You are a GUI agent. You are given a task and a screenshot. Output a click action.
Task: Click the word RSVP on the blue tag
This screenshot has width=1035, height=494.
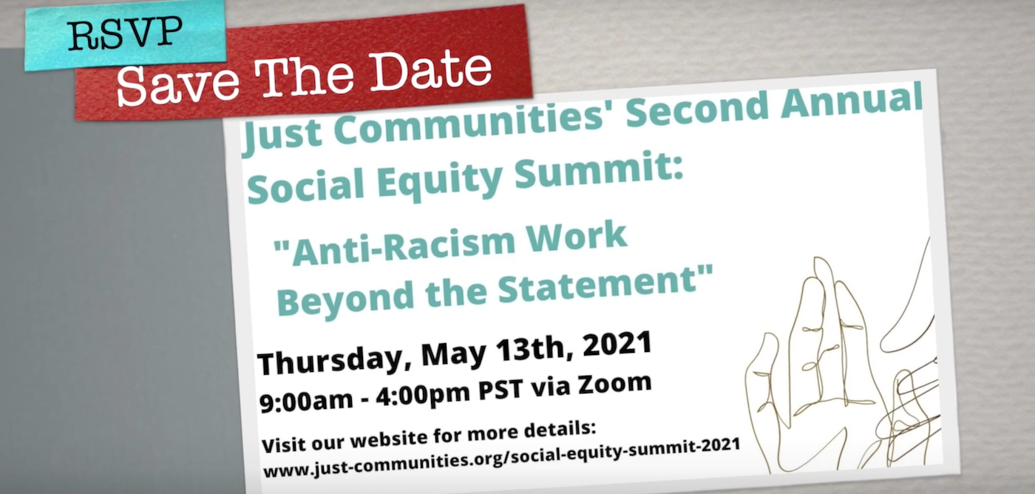click(125, 33)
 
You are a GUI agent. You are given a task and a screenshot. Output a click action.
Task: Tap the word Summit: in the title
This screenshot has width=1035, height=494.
click(599, 171)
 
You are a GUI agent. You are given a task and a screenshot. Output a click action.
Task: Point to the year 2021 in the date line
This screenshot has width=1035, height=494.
click(617, 344)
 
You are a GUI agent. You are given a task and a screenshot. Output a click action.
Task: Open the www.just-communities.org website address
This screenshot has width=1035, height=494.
click(501, 458)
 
